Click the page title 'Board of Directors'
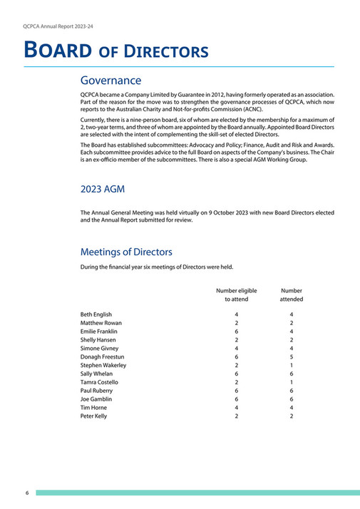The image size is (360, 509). (x=116, y=51)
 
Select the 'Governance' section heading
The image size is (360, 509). (x=110, y=81)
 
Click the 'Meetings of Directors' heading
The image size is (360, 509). (x=125, y=252)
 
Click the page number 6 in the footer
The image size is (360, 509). (x=26, y=493)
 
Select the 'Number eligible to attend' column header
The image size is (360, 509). (x=236, y=295)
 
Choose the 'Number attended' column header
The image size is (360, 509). (x=291, y=295)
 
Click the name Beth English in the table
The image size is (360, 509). (x=96, y=314)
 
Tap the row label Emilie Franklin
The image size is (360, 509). (x=99, y=331)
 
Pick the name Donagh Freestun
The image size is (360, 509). (x=101, y=356)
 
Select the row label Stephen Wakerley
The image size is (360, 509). (x=103, y=365)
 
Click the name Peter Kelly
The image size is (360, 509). (x=94, y=416)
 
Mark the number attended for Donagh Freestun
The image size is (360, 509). (x=291, y=356)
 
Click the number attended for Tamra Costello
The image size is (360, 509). (x=291, y=382)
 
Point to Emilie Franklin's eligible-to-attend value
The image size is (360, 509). (x=236, y=331)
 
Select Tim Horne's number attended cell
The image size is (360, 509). (x=291, y=407)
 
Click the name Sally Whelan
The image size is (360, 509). (x=96, y=374)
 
